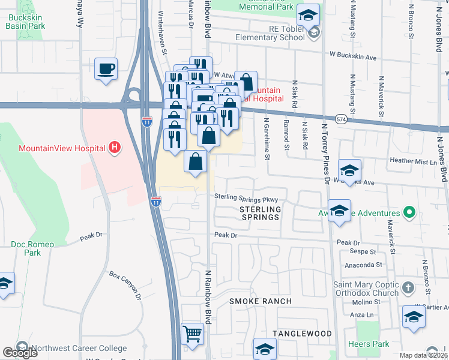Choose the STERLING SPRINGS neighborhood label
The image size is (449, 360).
click(x=260, y=213)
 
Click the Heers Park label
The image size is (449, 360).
click(x=368, y=344)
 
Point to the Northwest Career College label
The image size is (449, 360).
click(x=78, y=348)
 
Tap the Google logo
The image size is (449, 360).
click(x=20, y=352)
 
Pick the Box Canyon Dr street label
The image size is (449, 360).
click(x=125, y=285)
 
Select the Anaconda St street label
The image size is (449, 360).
click(x=363, y=264)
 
